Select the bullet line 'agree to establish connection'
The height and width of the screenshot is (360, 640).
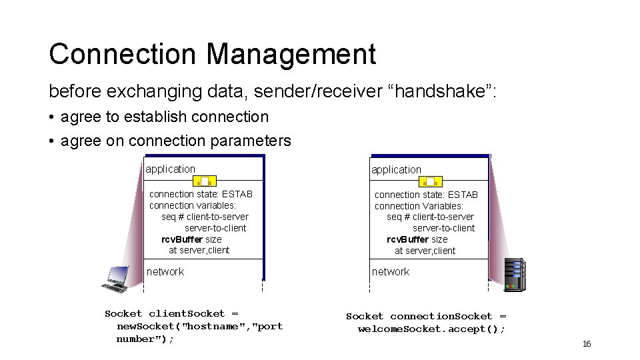click(x=164, y=117)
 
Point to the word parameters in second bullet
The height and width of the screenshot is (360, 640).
click(x=255, y=141)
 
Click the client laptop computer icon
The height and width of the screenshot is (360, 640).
click(x=115, y=279)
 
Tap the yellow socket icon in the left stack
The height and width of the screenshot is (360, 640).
click(x=205, y=181)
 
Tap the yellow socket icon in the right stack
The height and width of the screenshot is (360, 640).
click(x=430, y=181)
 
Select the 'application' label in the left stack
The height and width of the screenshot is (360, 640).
click(x=171, y=169)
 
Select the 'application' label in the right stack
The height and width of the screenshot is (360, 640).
click(x=396, y=170)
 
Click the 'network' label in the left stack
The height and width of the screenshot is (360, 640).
click(x=165, y=271)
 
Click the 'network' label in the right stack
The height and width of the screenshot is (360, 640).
click(x=391, y=271)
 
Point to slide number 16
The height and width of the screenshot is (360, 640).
click(x=587, y=344)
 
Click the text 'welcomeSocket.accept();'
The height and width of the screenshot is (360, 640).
click(x=431, y=329)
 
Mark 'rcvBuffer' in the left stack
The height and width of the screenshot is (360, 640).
click(x=182, y=239)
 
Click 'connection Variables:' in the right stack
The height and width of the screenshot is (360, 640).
click(x=419, y=206)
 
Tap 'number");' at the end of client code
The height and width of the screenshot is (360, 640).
click(x=145, y=339)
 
